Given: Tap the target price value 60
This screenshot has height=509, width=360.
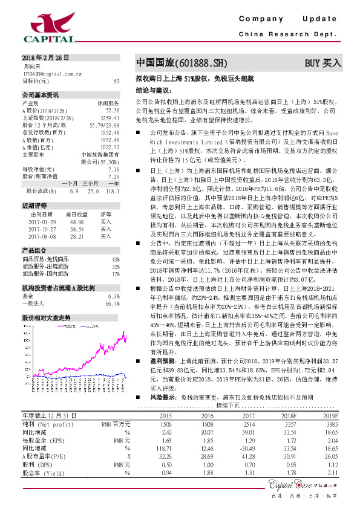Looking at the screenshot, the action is tap(116, 80).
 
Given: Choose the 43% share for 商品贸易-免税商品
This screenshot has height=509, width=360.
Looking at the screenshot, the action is tap(116, 259).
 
